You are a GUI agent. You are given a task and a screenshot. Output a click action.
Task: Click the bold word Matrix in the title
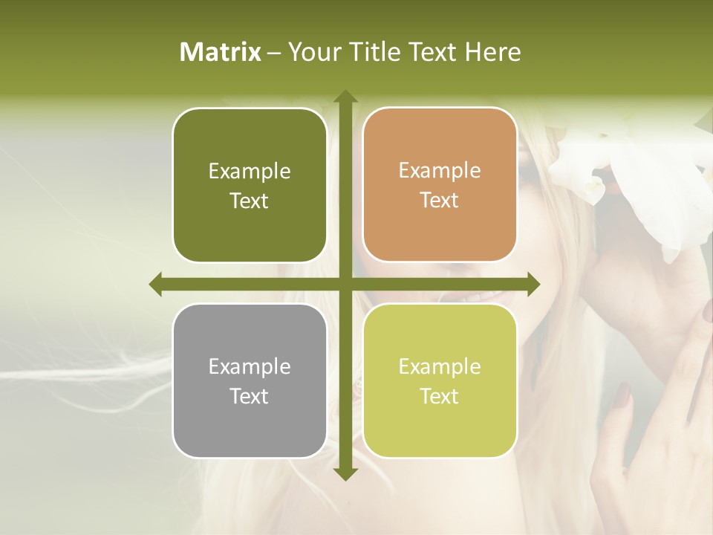[221, 52]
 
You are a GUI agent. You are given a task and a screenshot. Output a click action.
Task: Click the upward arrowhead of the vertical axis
[345, 97]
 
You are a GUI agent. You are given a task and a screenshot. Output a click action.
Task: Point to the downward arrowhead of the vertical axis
[345, 473]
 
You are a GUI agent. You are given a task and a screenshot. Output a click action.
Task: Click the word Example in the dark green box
[250, 172]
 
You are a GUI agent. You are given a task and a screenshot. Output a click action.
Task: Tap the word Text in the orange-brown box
[440, 201]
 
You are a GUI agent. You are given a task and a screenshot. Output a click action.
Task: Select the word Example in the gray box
[250, 367]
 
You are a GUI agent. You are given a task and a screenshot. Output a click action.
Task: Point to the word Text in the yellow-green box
[440, 396]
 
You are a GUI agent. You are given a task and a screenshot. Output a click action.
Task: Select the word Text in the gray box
[250, 396]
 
